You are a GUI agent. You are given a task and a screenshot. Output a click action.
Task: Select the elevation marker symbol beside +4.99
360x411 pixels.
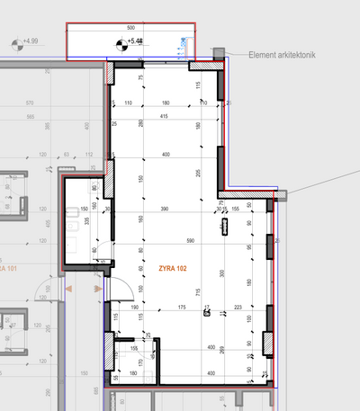[x=14, y=42]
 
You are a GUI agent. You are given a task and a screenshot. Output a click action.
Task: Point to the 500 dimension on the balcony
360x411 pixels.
[x=130, y=28]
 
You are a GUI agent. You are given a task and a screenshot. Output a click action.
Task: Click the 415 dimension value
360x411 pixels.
[x=165, y=117]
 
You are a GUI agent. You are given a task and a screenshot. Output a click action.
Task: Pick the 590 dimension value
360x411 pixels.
[x=191, y=241]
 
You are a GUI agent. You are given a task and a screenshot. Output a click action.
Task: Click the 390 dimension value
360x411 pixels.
[x=164, y=208]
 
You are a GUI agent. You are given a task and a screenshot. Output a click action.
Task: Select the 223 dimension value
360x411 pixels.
[x=238, y=308]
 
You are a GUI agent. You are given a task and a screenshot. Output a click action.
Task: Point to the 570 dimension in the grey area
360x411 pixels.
[x=31, y=103]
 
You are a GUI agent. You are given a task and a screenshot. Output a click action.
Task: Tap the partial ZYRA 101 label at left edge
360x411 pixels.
[x=9, y=268]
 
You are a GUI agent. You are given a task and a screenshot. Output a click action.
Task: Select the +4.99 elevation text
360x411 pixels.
[x=31, y=41]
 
